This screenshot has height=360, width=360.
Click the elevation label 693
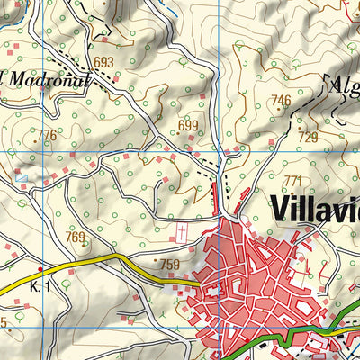pyautogui.click(x=104, y=62)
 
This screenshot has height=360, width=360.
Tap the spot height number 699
pyautogui.click(x=187, y=125)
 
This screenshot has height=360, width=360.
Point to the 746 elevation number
pyautogui.click(x=282, y=100)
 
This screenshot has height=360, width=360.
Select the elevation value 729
pyautogui.click(x=308, y=137)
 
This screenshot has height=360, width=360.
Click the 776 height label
pyautogui.click(x=46, y=135)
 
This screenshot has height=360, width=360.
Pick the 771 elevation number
pyautogui.click(x=292, y=181)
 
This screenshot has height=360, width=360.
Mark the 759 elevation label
pyautogui.click(x=171, y=265)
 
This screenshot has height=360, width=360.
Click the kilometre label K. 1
pyautogui.click(x=39, y=285)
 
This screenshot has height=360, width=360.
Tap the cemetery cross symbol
pyautogui.click(x=184, y=232)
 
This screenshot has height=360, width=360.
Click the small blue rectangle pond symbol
pyautogui.click(x=21, y=178)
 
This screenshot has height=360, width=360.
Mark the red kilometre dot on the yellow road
pyautogui.click(x=40, y=268)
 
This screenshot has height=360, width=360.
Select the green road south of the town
pyautogui.click(x=297, y=337)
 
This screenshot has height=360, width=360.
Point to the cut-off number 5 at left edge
pyautogui.click(x=4, y=322)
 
